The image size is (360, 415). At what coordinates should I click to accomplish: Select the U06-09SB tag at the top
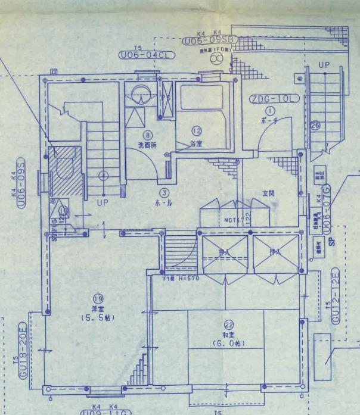(x=210, y=40)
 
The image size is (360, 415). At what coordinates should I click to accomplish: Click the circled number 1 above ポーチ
(x=269, y=110)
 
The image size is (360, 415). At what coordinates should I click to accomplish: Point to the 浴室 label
(x=195, y=143)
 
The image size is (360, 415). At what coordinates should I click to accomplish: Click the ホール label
(x=164, y=202)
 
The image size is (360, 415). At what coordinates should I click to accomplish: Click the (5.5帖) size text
(x=97, y=317)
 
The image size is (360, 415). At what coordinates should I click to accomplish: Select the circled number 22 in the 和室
(x=229, y=324)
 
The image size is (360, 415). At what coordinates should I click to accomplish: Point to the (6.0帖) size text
(x=229, y=344)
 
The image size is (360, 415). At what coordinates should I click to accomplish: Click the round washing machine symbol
(x=141, y=93)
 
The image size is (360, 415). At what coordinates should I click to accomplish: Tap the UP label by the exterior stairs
(x=324, y=64)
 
